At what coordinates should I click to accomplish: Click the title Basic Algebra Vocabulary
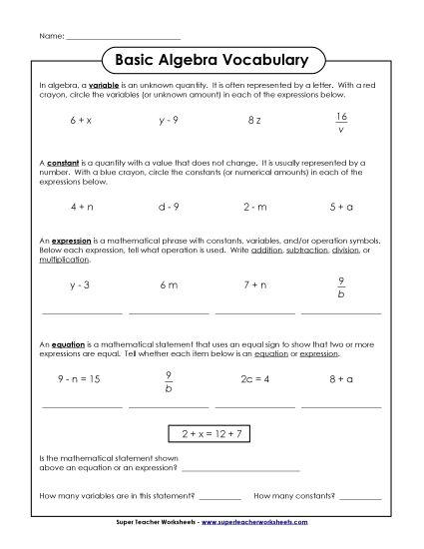point(212,58)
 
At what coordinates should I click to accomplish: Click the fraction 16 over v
point(341,121)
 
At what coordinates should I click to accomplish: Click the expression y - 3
point(81,285)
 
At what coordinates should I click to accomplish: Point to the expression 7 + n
point(254,285)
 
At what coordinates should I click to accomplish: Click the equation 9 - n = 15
point(81,380)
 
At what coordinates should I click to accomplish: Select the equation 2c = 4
point(254,380)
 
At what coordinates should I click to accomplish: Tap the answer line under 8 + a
point(341,406)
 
